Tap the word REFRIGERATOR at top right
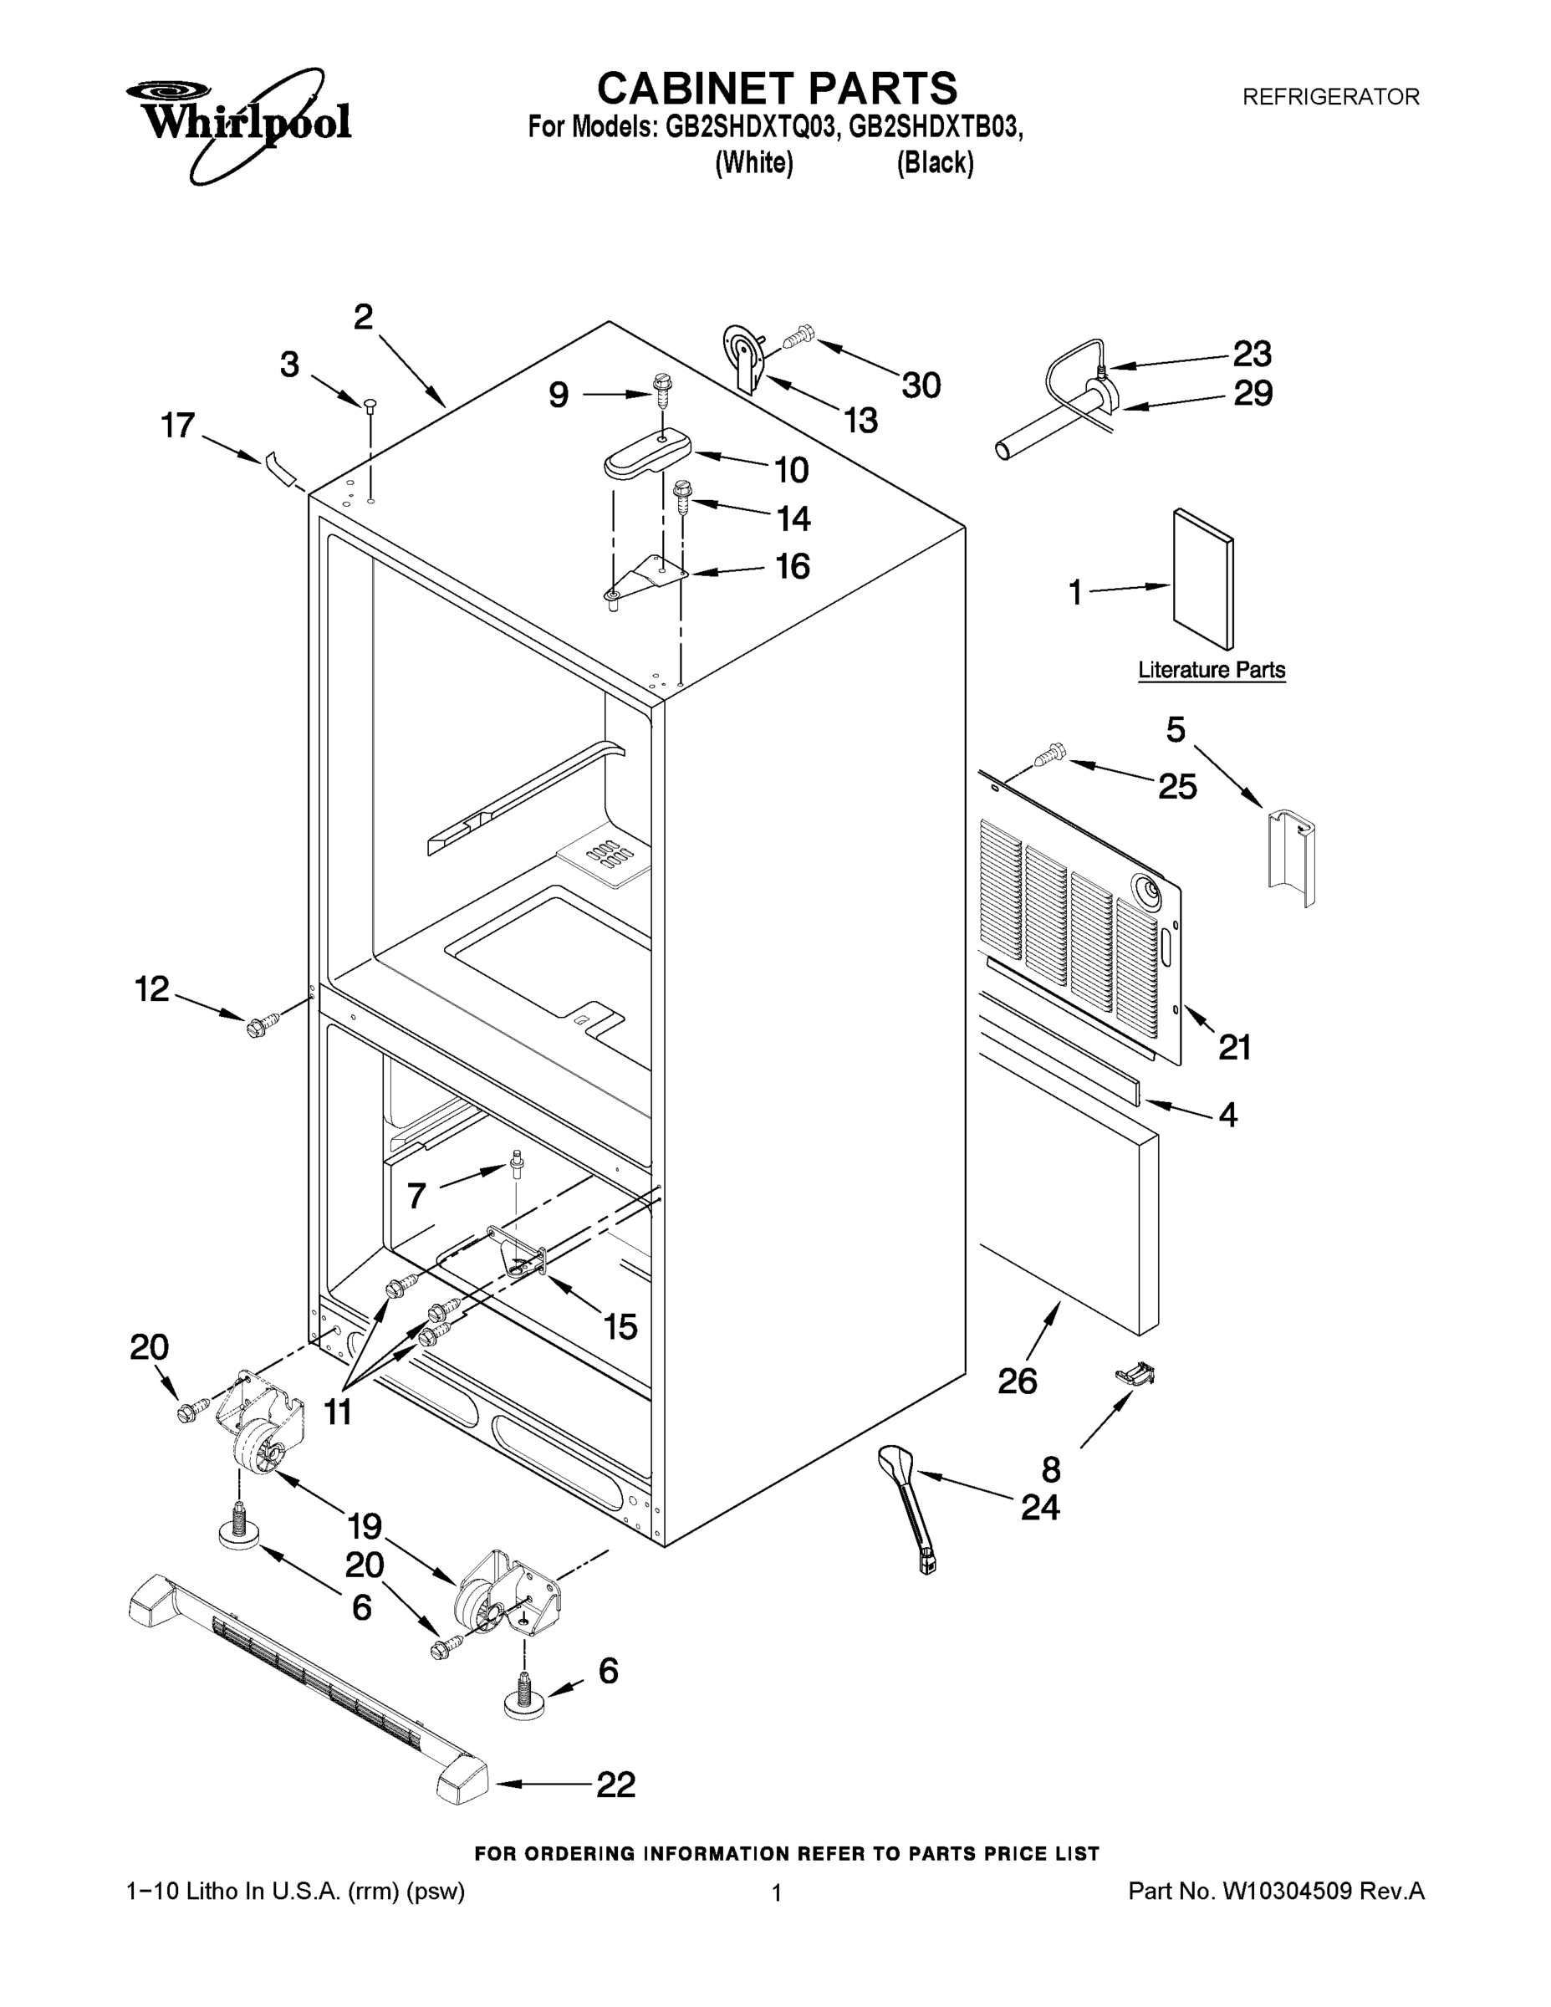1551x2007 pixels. (1330, 96)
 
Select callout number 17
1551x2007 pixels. (178, 426)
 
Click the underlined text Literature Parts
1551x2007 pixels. (1211, 670)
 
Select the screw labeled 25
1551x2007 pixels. (1050, 755)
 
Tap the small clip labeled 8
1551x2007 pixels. (1134, 1374)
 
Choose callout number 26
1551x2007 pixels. (1018, 1381)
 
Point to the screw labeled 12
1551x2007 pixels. (257, 1025)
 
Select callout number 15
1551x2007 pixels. (620, 1326)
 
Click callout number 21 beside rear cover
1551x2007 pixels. (1234, 1047)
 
